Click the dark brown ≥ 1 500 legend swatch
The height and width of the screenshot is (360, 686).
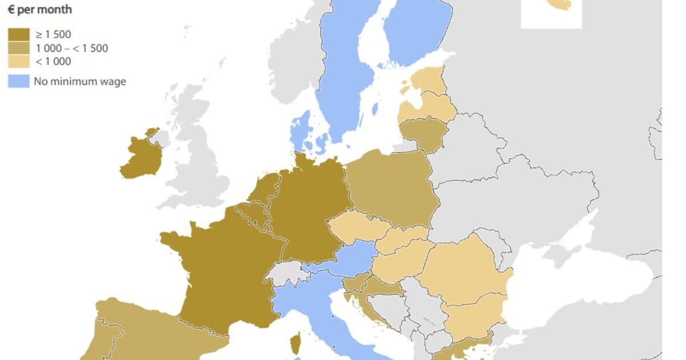pos(17,35)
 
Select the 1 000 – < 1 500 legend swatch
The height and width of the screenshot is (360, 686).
pos(17,49)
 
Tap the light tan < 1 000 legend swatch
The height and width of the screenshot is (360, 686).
pos(17,62)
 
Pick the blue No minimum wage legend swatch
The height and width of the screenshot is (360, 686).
pos(17,81)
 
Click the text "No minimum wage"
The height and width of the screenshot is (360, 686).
pos(79,81)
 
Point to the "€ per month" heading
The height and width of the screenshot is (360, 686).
pos(40,10)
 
